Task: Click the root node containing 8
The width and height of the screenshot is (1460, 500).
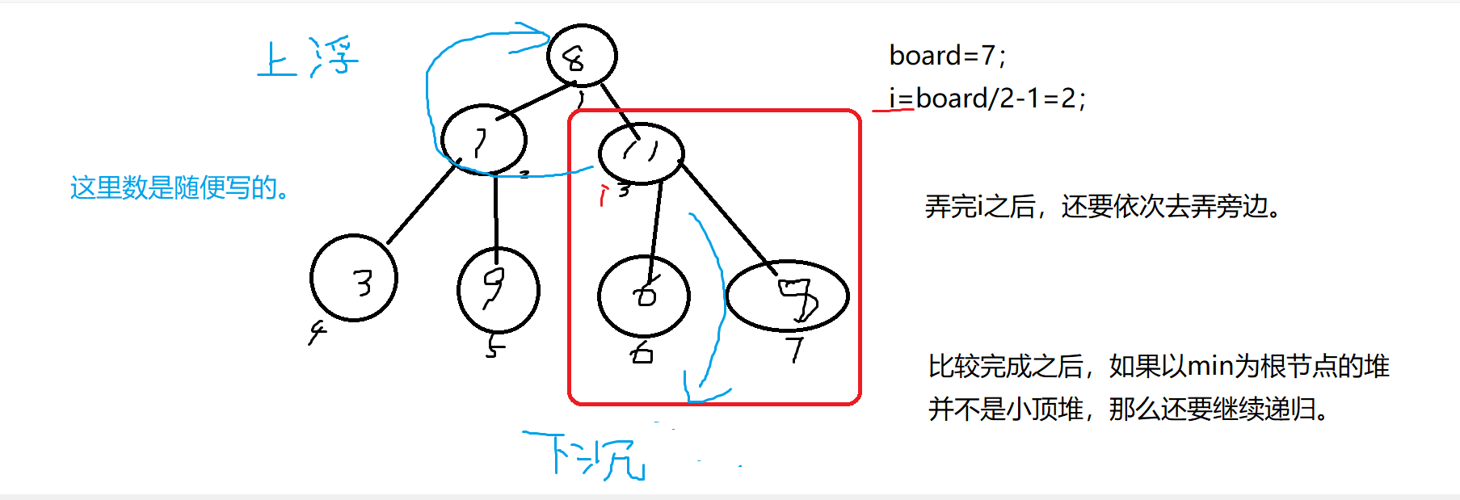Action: coord(582,56)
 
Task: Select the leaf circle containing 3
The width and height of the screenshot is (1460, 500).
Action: coord(354,279)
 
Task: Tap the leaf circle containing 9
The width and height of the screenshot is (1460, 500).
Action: coord(498,290)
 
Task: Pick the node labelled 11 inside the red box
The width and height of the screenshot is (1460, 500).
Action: coord(641,153)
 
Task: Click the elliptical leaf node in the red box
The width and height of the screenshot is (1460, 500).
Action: coord(788,296)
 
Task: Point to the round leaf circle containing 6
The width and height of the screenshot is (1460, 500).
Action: coord(643,296)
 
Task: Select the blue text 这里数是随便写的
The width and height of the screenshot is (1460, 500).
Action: coord(179,188)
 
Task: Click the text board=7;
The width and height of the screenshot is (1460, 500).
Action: coord(947,56)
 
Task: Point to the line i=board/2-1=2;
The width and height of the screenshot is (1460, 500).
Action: coord(987,99)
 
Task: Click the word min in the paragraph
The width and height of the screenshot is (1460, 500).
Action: coord(1210,367)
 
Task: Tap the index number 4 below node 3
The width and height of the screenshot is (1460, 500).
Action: coord(317,331)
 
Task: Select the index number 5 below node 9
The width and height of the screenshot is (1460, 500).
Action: coord(494,347)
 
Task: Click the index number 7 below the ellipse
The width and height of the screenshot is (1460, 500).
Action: coord(796,350)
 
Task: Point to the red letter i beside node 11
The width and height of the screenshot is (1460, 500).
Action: coord(602,195)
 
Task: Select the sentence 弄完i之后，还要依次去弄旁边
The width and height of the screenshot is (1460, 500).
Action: coord(1103,207)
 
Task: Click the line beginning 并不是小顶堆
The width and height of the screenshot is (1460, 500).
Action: coord(1128,410)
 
